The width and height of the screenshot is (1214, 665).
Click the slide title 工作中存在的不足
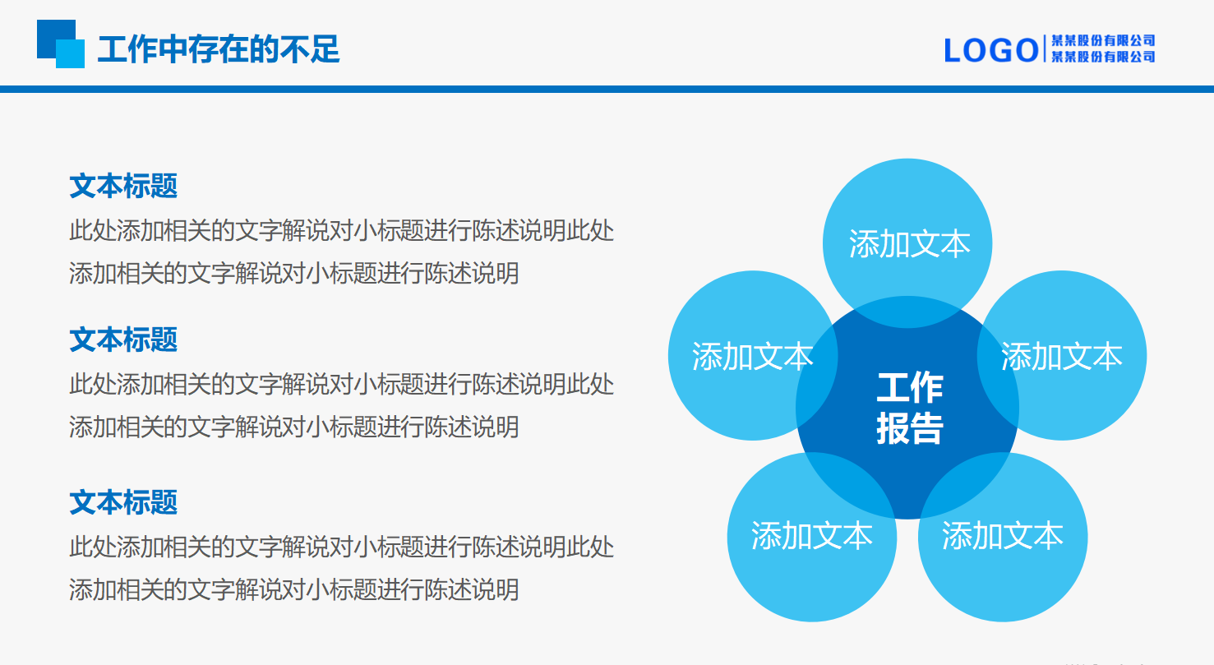[218, 49]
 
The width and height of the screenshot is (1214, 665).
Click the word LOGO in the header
[990, 50]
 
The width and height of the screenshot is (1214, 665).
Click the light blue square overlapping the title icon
[72, 55]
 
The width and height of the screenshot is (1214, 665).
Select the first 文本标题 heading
[123, 186]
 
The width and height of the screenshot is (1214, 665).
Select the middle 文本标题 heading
[123, 339]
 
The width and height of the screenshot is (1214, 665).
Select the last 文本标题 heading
[123, 501]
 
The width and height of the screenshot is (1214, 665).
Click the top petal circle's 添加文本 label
[909, 244]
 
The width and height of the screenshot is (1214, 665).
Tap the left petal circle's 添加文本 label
[752, 356]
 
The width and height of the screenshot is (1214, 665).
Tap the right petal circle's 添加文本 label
[1061, 356]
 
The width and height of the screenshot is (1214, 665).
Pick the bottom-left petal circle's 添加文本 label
[811, 536]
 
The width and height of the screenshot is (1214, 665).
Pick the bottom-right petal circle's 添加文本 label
[1002, 536]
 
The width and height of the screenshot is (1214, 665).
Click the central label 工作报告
[909, 408]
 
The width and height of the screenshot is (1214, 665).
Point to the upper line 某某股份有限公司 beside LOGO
[1104, 40]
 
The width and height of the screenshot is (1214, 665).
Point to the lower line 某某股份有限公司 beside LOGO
[1104, 57]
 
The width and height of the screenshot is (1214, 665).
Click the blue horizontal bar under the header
[607, 89]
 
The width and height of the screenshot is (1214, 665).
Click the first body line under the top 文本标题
[341, 231]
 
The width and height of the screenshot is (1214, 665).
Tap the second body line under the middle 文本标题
[293, 427]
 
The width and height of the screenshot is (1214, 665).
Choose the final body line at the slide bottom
[293, 589]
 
